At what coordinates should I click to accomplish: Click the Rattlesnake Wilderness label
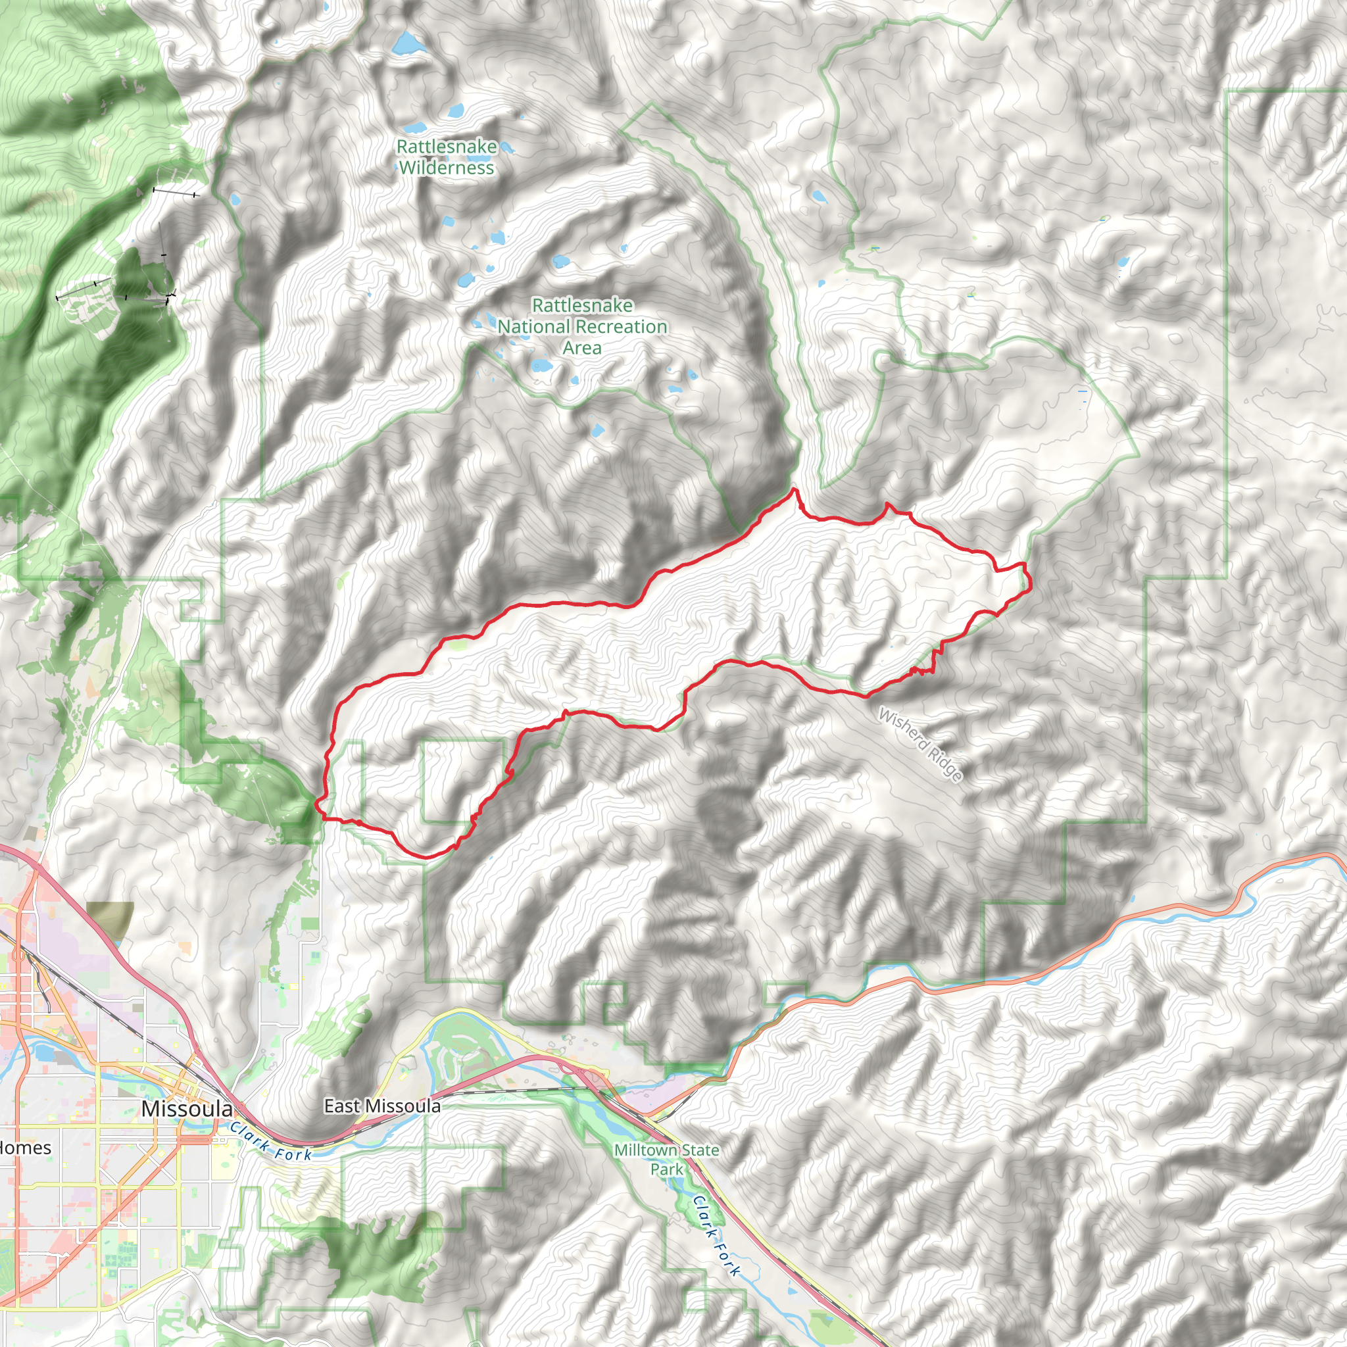pyautogui.click(x=446, y=157)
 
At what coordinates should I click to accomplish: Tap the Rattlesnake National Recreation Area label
pyautogui.click(x=582, y=326)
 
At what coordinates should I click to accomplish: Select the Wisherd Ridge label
pyautogui.click(x=920, y=745)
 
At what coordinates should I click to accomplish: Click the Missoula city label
pyautogui.click(x=186, y=1108)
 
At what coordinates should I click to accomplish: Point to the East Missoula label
pyautogui.click(x=382, y=1106)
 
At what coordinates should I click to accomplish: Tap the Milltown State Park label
pyautogui.click(x=666, y=1160)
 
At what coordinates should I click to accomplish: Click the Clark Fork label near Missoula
pyautogui.click(x=271, y=1140)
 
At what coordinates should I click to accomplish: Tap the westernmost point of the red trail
pyautogui.click(x=316, y=802)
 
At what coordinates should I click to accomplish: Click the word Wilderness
pyautogui.click(x=446, y=168)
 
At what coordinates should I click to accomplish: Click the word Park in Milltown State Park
pyautogui.click(x=666, y=1169)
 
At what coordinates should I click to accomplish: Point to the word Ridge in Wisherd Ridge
pyautogui.click(x=946, y=766)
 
